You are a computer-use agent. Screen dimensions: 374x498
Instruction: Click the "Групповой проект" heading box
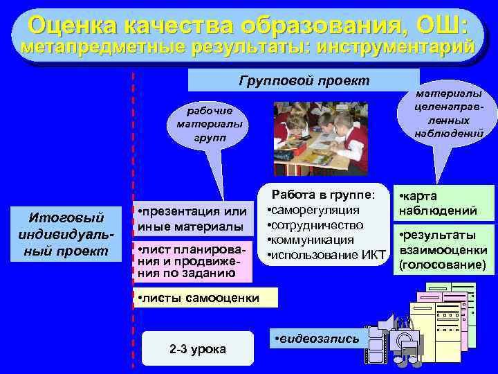(304, 80)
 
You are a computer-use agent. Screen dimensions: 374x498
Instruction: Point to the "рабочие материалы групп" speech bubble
(205, 125)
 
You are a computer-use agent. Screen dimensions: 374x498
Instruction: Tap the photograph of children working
(320, 139)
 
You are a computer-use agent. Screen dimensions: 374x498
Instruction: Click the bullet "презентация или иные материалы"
(192, 218)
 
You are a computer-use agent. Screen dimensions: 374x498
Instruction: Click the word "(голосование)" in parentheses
(437, 265)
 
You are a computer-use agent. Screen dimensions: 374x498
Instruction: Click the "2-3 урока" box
(197, 348)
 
